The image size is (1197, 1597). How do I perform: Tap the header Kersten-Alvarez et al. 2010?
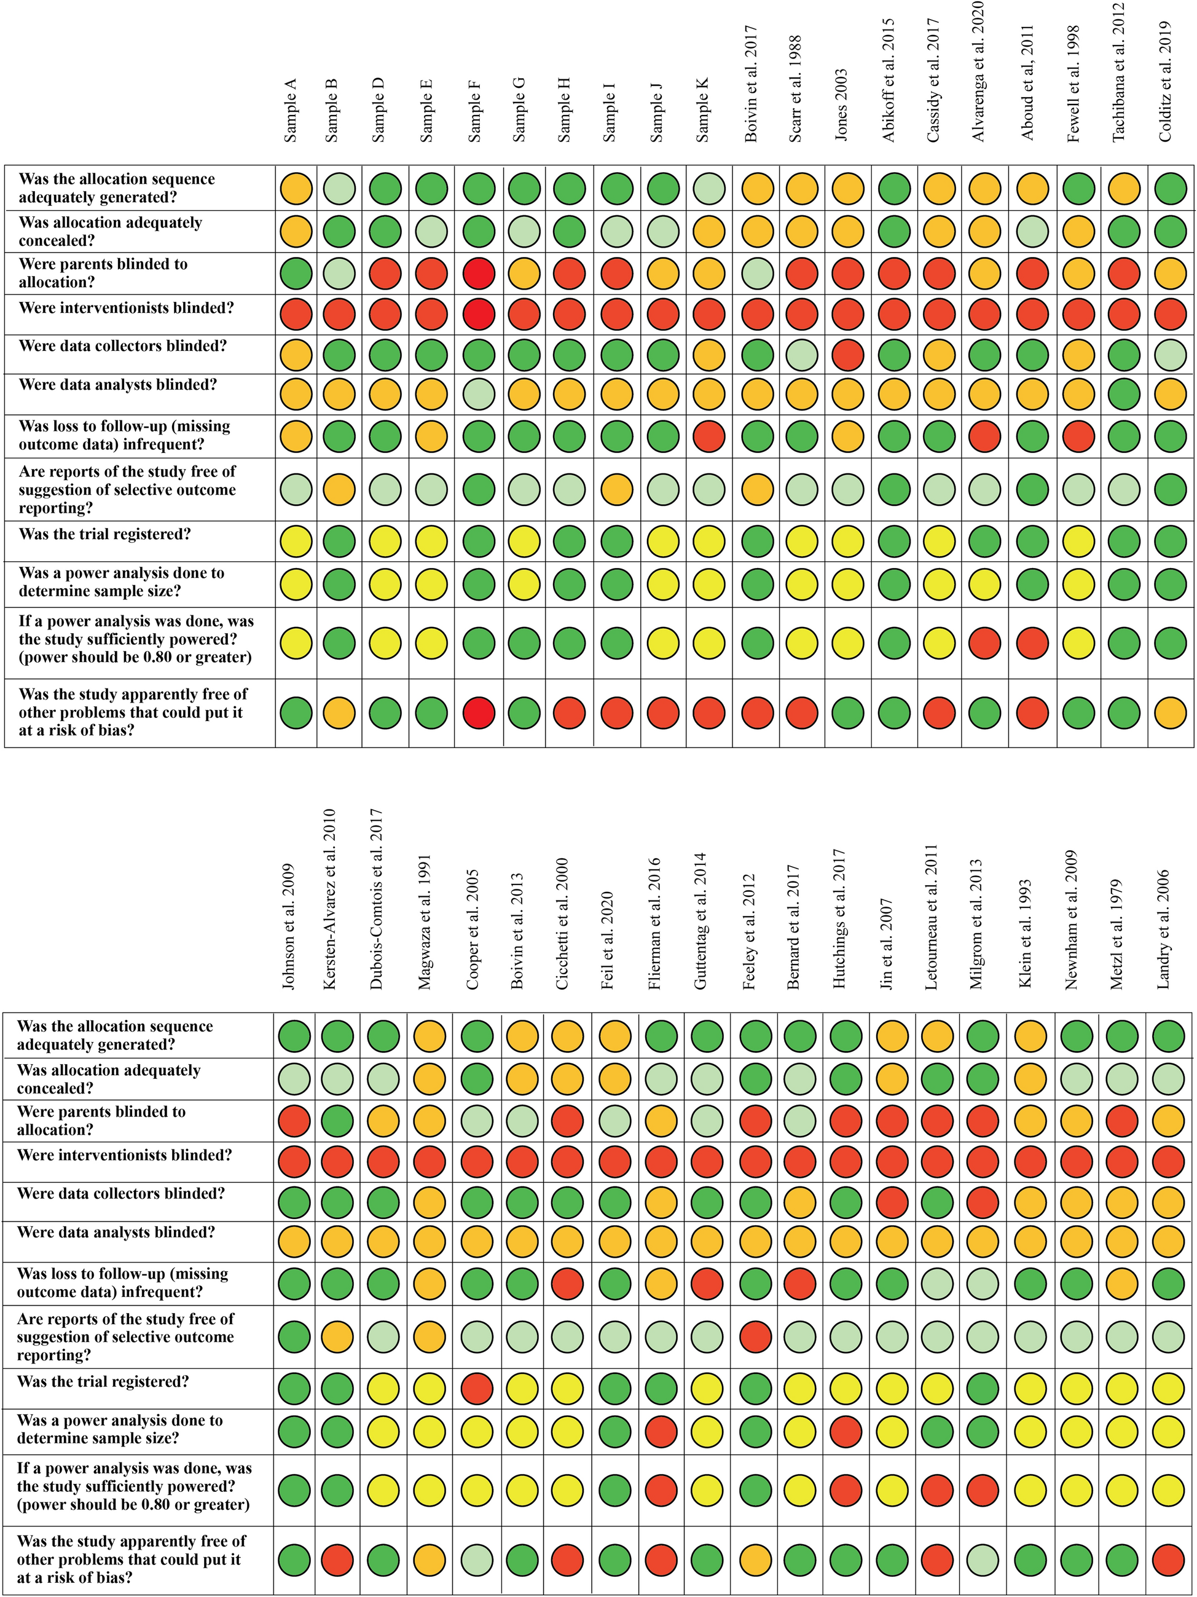click(331, 898)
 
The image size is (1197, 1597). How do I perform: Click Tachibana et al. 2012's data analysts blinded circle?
click(1123, 394)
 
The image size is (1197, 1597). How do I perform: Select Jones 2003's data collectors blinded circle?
click(848, 355)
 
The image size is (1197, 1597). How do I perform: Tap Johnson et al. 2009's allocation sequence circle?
click(294, 1036)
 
